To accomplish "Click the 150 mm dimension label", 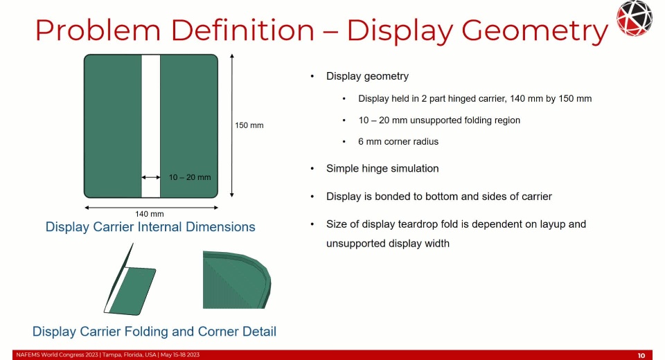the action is (x=249, y=125).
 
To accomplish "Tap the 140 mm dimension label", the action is (x=150, y=214).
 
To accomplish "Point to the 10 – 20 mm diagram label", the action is (x=190, y=177).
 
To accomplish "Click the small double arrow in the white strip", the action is (x=150, y=177).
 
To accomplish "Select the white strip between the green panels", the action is (x=150, y=126).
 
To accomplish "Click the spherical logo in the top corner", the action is (x=635, y=18).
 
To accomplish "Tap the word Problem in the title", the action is (x=98, y=30).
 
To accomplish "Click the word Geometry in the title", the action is (x=535, y=31).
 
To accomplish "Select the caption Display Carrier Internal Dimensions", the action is (x=150, y=227).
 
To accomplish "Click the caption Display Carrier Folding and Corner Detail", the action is (x=154, y=331).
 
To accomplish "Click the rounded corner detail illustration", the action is (x=237, y=280).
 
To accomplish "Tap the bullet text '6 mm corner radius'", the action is (x=398, y=142).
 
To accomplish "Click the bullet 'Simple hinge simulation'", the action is (x=382, y=168).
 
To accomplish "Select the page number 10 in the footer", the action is (x=641, y=355).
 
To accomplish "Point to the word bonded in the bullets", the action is (x=390, y=197).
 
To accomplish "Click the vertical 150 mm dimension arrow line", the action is (x=231, y=125).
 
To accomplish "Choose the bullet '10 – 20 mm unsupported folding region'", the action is (x=439, y=120).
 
